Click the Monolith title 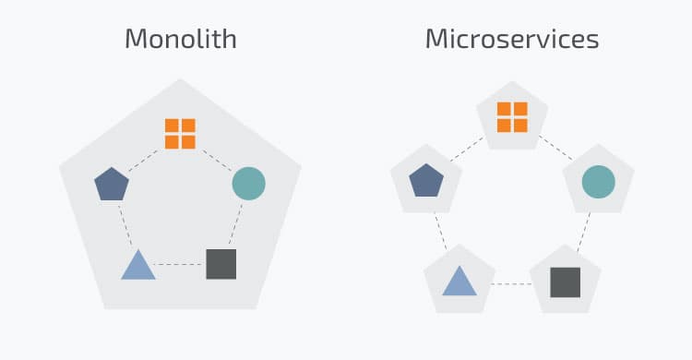tap(180, 40)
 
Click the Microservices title tap(512, 40)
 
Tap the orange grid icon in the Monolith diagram tap(180, 133)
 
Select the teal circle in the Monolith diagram tap(248, 183)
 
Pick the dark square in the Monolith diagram tap(221, 264)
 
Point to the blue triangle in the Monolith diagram tap(138, 266)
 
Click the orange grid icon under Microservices tap(512, 117)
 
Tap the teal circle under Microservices tap(598, 181)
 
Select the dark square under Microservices tap(565, 282)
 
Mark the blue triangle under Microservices tap(459, 281)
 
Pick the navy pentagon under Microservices tap(425, 180)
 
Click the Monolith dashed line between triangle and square tap(180, 265)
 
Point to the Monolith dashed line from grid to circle tap(216, 157)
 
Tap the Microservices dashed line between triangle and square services tap(512, 282)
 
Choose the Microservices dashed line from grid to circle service tap(555, 147)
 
